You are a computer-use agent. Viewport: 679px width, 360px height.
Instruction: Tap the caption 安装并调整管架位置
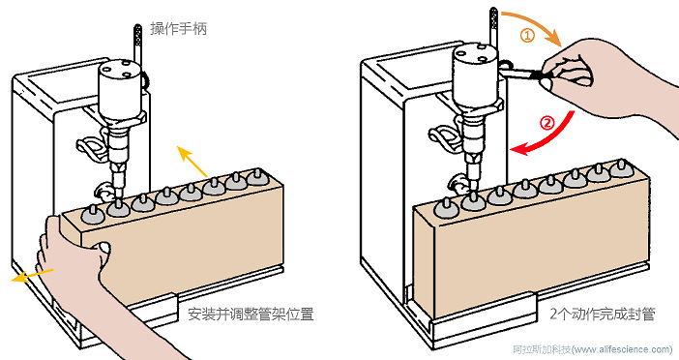[251, 315]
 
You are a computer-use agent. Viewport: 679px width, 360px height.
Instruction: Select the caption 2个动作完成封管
[602, 315]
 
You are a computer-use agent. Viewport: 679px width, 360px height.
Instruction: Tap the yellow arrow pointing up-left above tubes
[192, 163]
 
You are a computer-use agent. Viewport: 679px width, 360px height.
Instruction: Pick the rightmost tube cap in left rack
[256, 176]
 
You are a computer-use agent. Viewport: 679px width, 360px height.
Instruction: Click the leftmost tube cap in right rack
[449, 207]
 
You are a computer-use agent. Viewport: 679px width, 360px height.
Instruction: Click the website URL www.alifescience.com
[621, 350]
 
